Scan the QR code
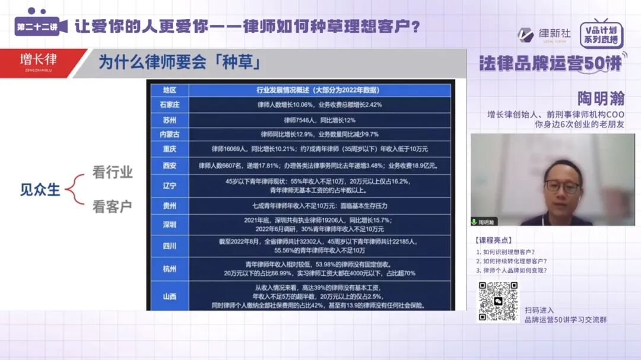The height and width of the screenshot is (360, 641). (499, 301)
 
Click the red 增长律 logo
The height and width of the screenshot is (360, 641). (39, 60)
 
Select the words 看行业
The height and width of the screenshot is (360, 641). (112, 173)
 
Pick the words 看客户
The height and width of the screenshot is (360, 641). (112, 206)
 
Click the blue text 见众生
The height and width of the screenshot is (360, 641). (40, 190)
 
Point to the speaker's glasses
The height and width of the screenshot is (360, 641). (561, 186)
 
